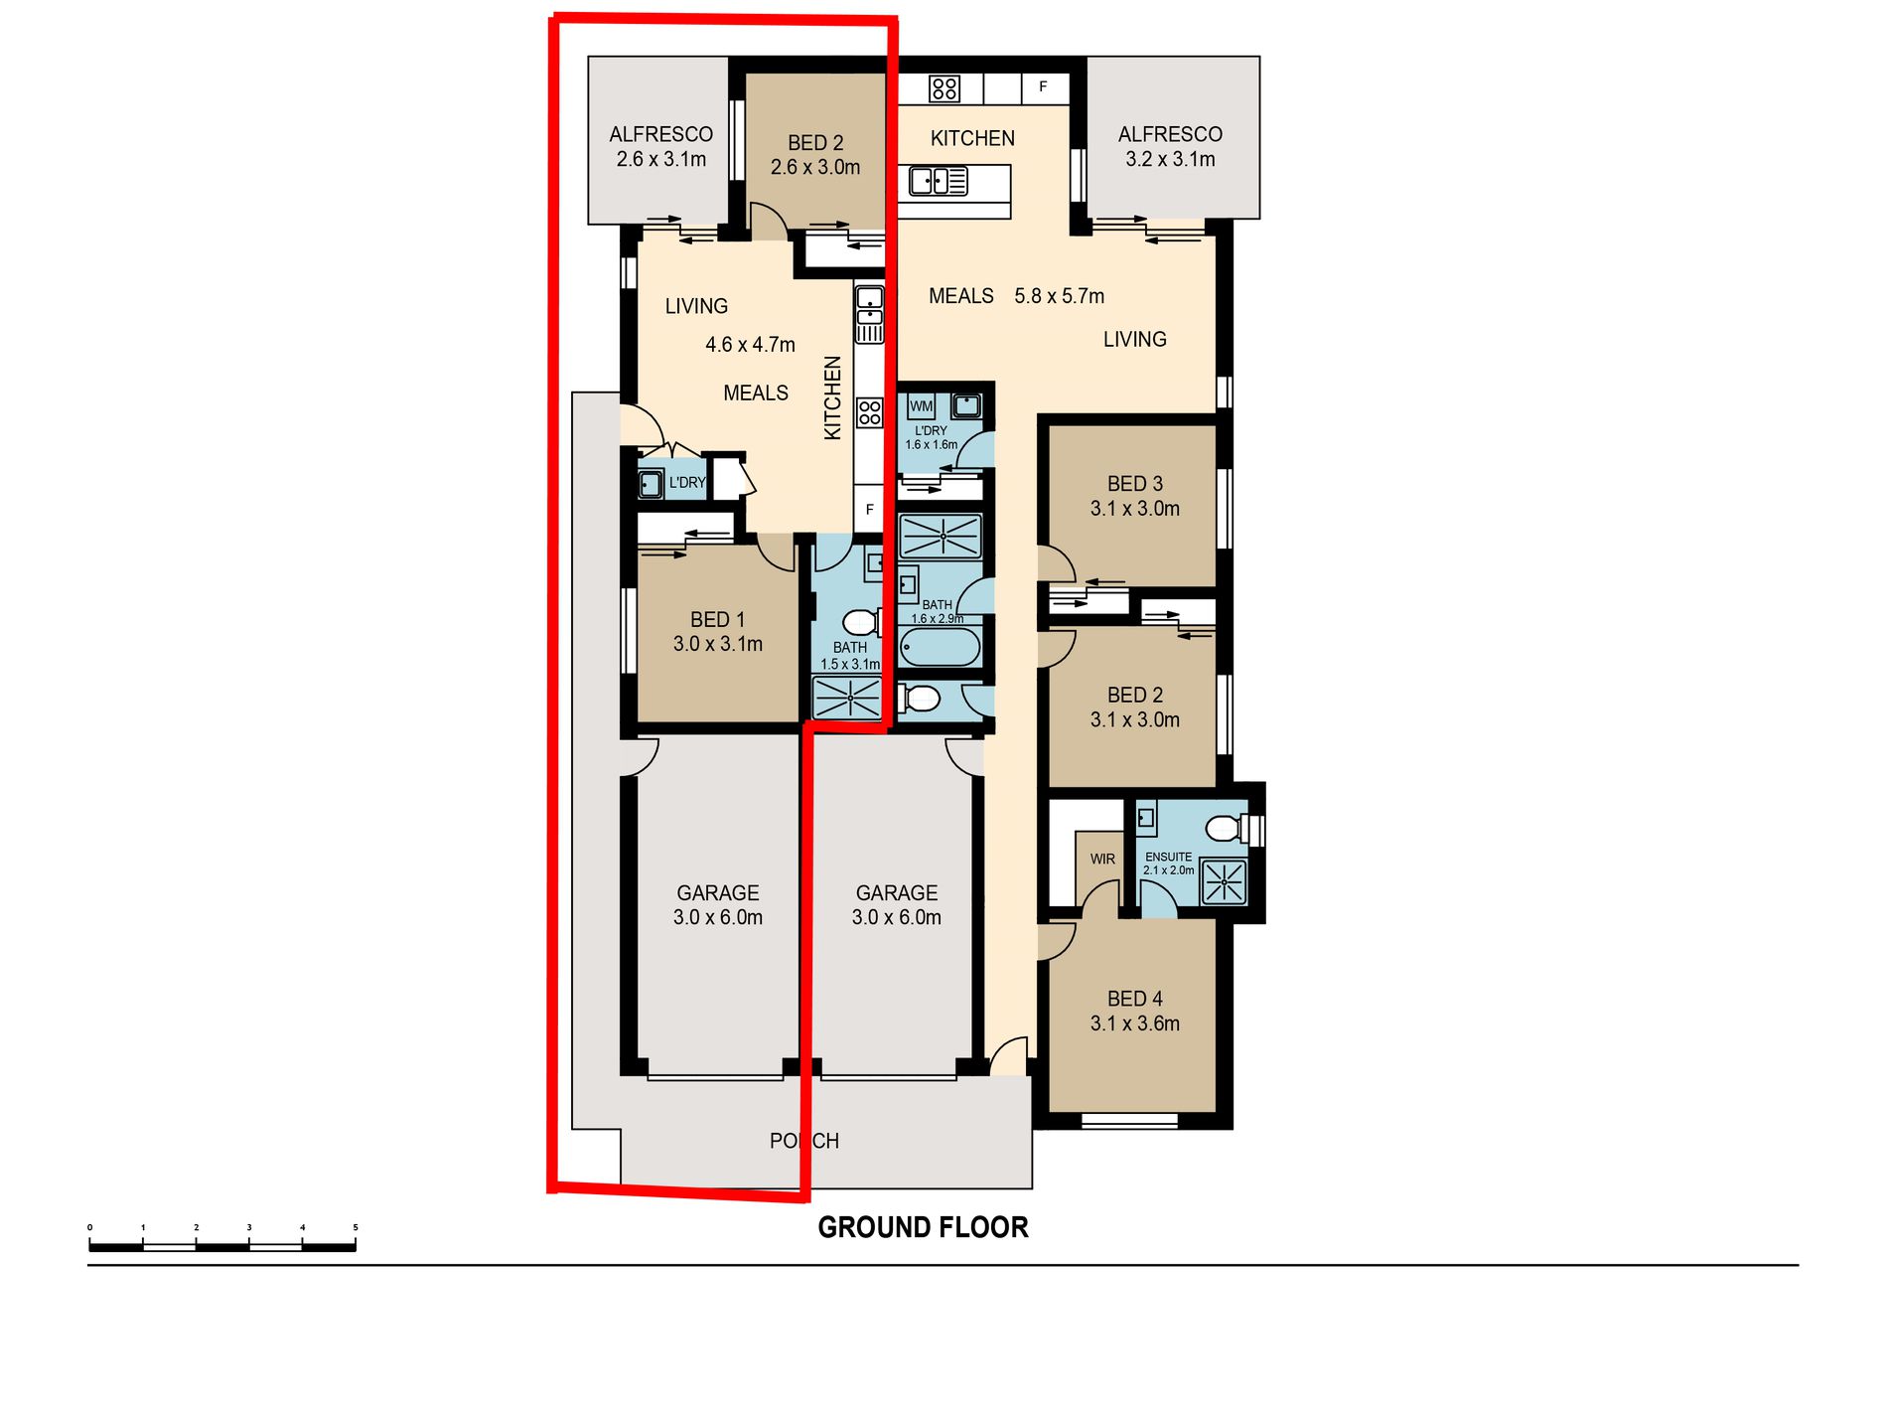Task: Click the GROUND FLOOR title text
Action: [x=923, y=1227]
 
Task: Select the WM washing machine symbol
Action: [x=921, y=406]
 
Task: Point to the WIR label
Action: [x=1102, y=859]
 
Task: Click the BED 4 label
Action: [x=1135, y=999]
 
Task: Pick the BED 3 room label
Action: [x=1135, y=484]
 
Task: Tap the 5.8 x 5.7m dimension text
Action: [x=1059, y=296]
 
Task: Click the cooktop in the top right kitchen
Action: [x=944, y=88]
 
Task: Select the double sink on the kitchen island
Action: [x=939, y=181]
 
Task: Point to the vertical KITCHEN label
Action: [x=833, y=397]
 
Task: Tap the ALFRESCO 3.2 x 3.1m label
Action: [x=1170, y=146]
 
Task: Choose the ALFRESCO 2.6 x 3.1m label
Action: [x=660, y=146]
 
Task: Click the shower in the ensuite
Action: [x=1224, y=881]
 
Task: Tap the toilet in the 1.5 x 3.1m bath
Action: [x=862, y=623]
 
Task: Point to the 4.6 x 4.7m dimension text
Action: [x=750, y=345]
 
